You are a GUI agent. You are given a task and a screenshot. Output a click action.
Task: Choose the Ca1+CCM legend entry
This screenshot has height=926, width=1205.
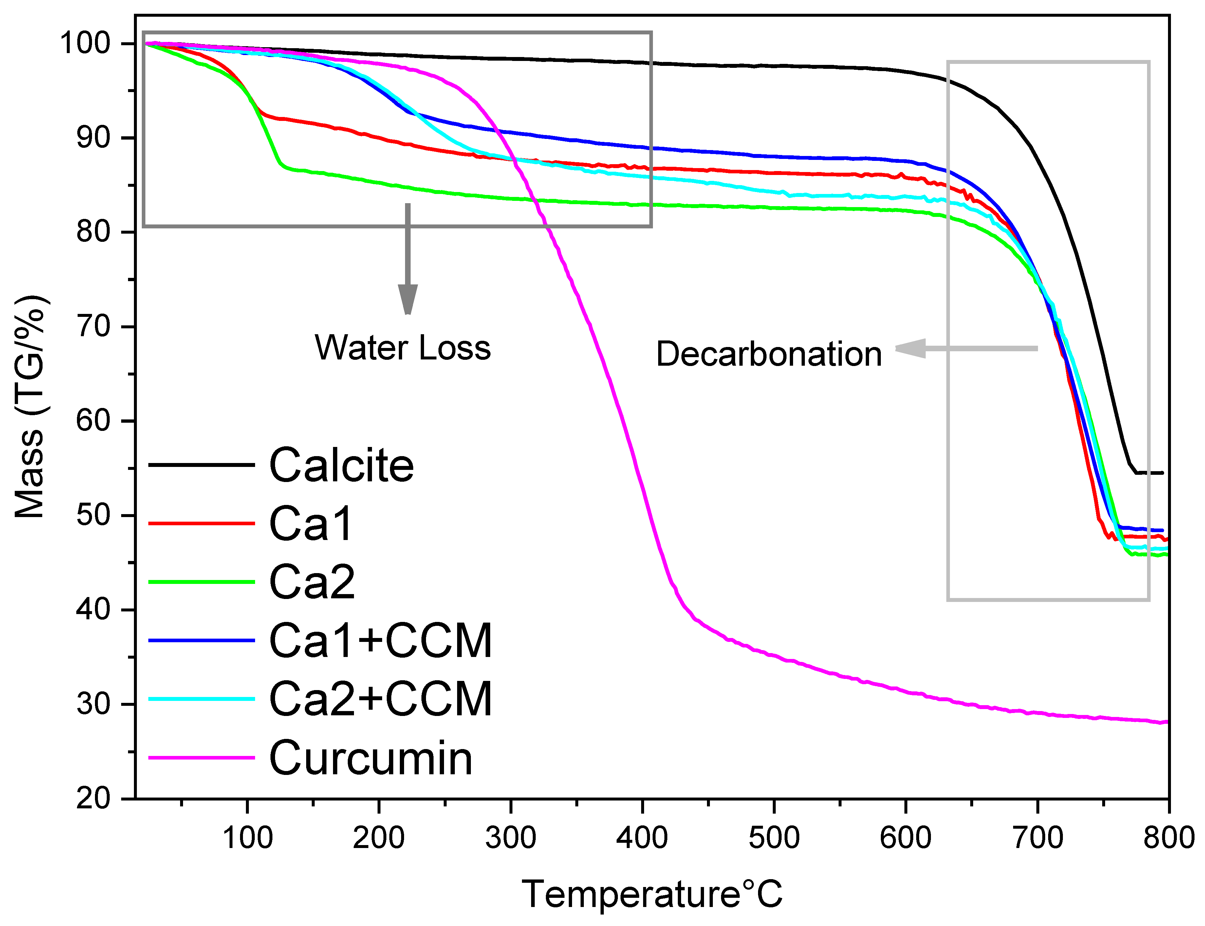click(380, 641)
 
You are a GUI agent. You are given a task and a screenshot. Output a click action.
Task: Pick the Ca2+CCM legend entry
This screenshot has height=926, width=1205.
click(380, 700)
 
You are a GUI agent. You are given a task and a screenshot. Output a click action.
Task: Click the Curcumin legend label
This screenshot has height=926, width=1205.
click(371, 759)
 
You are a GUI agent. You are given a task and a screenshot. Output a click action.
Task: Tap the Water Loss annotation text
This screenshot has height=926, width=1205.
click(402, 348)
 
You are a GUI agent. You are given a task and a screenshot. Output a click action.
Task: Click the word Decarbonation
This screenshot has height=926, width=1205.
click(769, 355)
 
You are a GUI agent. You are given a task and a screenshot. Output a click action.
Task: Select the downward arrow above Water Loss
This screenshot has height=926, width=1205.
click(408, 259)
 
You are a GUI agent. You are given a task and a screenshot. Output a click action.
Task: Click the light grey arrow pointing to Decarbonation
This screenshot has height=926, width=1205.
click(967, 348)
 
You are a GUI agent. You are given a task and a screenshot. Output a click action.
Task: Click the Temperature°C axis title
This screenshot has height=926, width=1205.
click(652, 894)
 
